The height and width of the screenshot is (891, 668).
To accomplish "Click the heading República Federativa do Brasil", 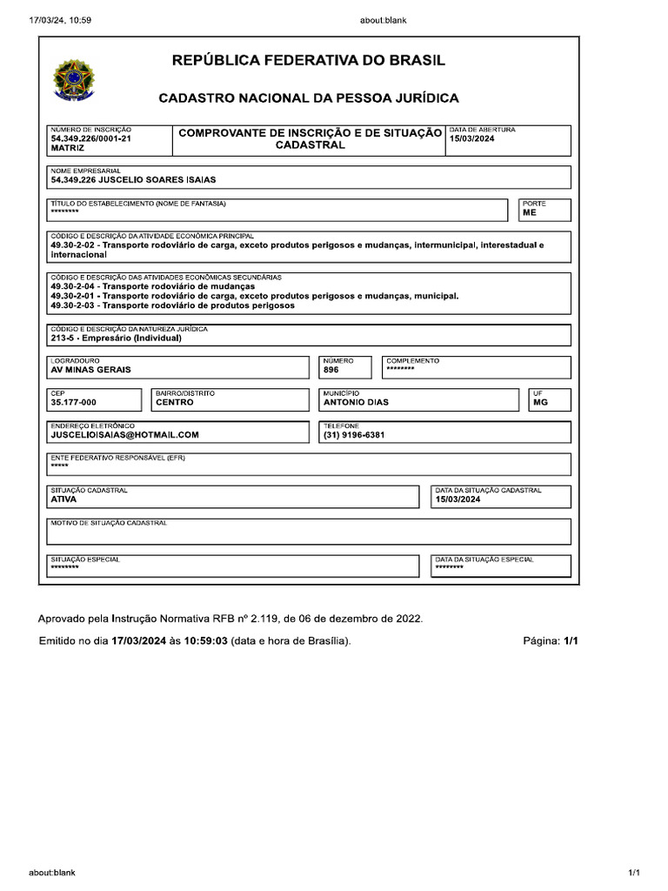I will [309, 60].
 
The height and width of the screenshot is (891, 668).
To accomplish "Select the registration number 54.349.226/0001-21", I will [91, 138].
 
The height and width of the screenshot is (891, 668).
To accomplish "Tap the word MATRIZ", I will [67, 149].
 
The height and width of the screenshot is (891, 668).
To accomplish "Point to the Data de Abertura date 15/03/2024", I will [471, 138].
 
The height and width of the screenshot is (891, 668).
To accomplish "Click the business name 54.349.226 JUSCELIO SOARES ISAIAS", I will [133, 180].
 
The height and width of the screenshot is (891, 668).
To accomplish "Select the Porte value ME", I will [530, 212].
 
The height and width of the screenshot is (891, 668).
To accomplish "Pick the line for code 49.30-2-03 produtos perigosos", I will [172, 305].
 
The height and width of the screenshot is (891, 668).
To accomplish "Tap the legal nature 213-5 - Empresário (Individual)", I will [116, 338].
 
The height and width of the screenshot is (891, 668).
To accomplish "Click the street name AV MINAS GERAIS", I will [91, 370].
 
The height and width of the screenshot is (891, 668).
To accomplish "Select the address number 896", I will [331, 370].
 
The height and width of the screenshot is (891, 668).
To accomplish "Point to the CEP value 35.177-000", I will [74, 403].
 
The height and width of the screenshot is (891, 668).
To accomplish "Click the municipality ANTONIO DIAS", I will [356, 403].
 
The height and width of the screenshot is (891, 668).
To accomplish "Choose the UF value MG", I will [541, 403].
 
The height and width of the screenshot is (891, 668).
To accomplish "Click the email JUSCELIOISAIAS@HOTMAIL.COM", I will [125, 435].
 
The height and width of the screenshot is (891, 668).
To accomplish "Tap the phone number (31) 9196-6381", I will [354, 435].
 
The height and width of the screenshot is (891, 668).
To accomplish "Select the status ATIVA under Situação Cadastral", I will [64, 500].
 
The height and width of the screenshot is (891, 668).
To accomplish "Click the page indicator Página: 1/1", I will [550, 641].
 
